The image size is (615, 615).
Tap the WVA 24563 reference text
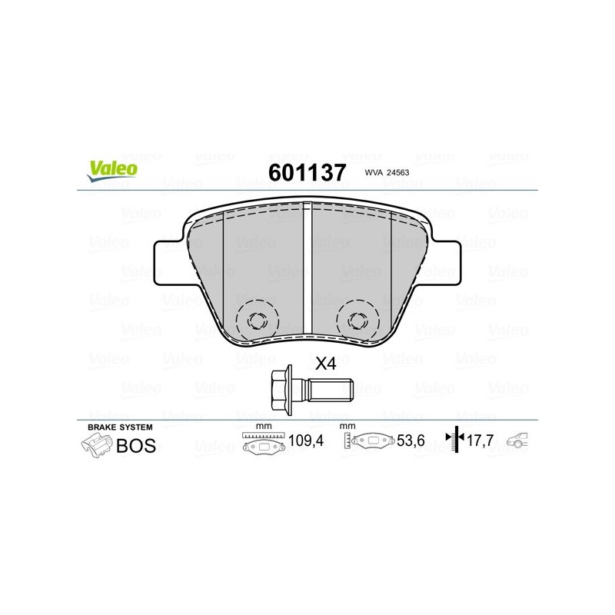pos(385,173)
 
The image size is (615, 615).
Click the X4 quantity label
pos(327,364)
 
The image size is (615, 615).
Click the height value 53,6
pos(411,442)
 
